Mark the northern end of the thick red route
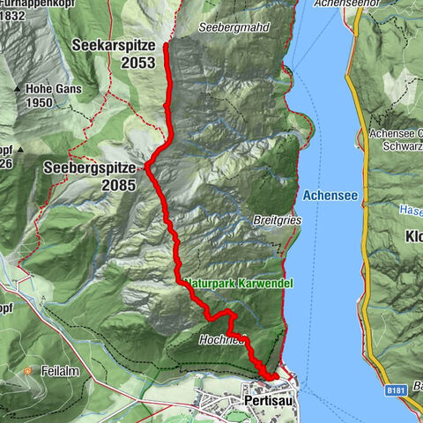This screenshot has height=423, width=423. click(x=166, y=43)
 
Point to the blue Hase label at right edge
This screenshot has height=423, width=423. click(x=411, y=210)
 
